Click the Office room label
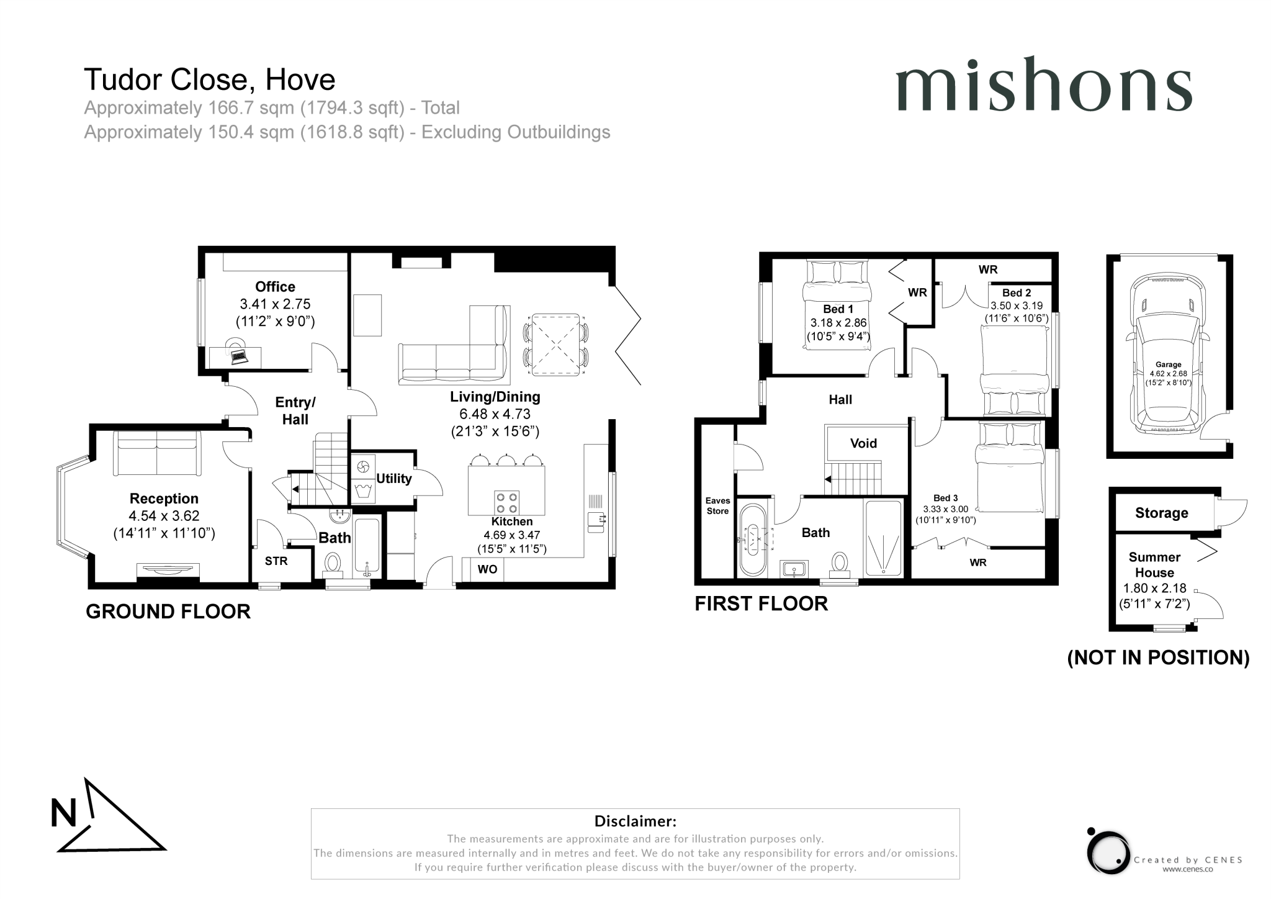[x=275, y=287]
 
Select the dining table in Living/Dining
[x=556, y=345]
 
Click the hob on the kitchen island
[x=506, y=502]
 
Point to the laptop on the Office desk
[x=238, y=356]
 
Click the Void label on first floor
[x=863, y=443]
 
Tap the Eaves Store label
[x=717, y=506]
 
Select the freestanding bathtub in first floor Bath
[x=753, y=540]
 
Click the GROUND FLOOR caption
[x=168, y=612]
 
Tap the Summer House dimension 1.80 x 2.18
[x=1154, y=588]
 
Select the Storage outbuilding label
[x=1161, y=513]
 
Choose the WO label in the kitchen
[x=487, y=569]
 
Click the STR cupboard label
[x=276, y=561]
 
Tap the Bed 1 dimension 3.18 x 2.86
[x=838, y=323]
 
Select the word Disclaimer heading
[x=635, y=821]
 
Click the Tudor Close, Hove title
[x=210, y=79]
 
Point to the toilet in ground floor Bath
[x=333, y=563]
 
